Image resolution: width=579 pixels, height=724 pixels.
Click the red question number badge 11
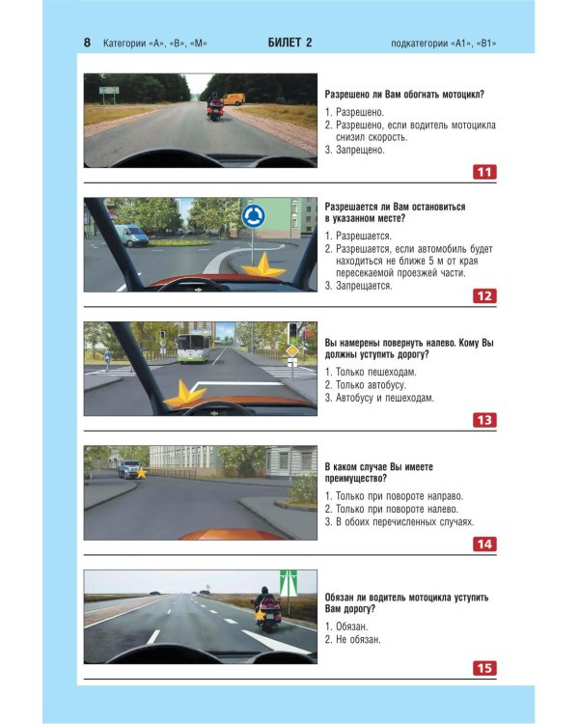click(484, 172)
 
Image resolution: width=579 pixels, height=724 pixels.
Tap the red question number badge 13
click(484, 420)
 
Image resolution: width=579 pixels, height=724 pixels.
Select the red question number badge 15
click(484, 668)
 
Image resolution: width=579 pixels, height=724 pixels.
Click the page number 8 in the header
click(87, 42)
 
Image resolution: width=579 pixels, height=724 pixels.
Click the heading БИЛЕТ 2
click(289, 42)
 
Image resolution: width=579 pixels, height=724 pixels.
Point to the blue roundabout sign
click(253, 216)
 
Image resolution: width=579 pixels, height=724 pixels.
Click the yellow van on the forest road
click(234, 99)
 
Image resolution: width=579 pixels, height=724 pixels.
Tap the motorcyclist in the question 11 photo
click(215, 106)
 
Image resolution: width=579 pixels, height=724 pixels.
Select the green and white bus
click(193, 348)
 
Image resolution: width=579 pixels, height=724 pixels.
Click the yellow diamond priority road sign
click(291, 351)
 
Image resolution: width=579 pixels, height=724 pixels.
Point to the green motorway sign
click(289, 583)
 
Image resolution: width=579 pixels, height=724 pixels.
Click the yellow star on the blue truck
click(141, 473)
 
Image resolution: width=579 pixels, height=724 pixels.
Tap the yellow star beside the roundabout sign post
click(262, 267)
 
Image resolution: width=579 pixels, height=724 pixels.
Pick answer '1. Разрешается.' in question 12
click(358, 236)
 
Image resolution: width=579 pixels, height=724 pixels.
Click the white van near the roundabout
click(131, 235)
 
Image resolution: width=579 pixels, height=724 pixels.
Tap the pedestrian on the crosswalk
click(107, 360)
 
